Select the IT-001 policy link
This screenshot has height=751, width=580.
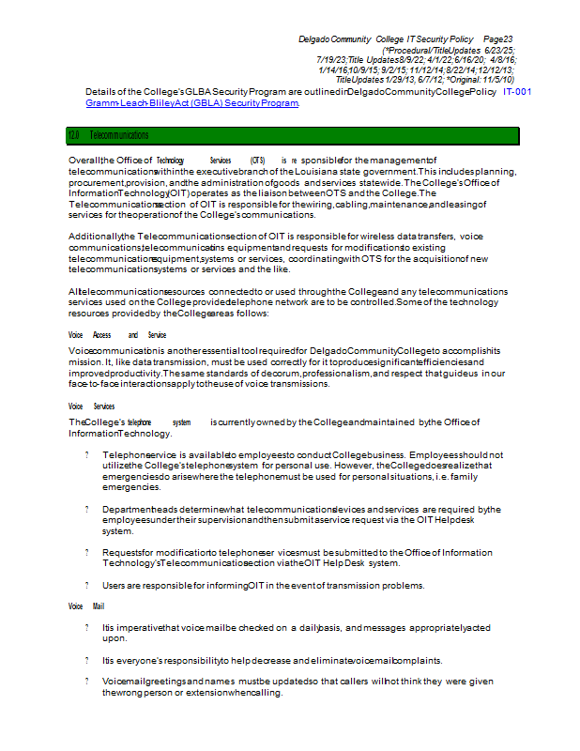coord(517,92)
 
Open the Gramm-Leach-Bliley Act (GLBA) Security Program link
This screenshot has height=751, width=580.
coord(192,102)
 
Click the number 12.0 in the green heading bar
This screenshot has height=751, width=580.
coord(74,136)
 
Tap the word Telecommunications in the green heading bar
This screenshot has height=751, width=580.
coord(119,136)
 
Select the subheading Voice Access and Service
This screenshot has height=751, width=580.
coord(117,335)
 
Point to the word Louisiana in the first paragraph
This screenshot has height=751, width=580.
coord(322,172)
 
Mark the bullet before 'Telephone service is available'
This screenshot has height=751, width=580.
coord(86,454)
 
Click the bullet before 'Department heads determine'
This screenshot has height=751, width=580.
coord(86,510)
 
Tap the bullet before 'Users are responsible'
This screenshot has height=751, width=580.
coord(86,586)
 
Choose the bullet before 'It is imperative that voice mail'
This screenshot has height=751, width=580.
coord(86,627)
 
